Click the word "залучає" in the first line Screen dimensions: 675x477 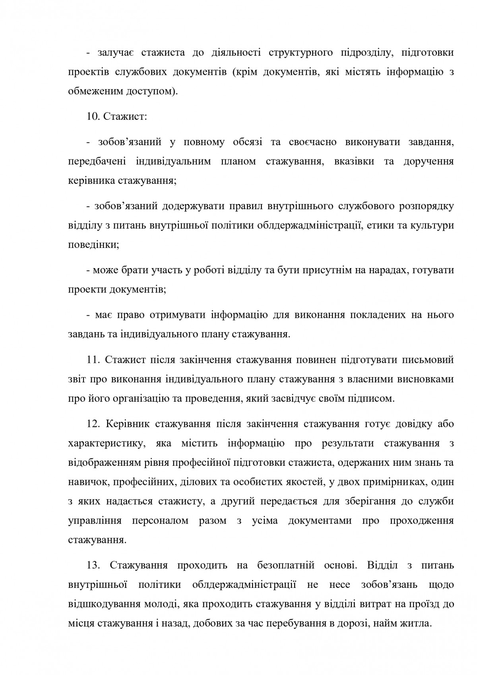point(115,53)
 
